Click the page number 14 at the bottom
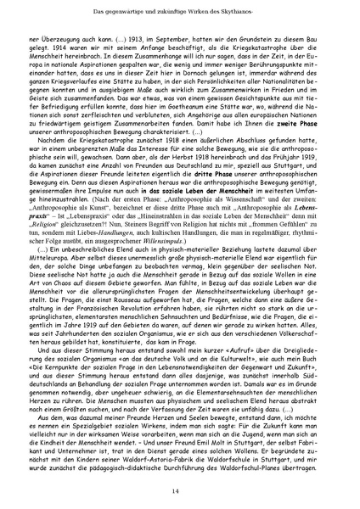(x=180, y=492)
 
